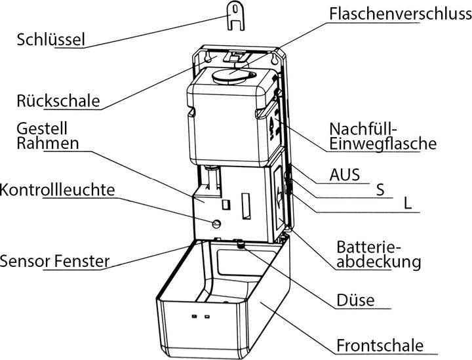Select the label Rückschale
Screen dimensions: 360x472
(58, 100)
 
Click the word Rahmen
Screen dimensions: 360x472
(48, 144)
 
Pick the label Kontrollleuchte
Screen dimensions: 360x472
(57, 190)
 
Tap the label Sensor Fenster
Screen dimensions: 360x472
(54, 262)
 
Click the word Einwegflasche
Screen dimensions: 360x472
(383, 144)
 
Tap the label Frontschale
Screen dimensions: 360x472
(380, 346)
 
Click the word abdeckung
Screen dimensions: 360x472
(378, 262)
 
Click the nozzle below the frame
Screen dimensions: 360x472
(241, 245)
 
